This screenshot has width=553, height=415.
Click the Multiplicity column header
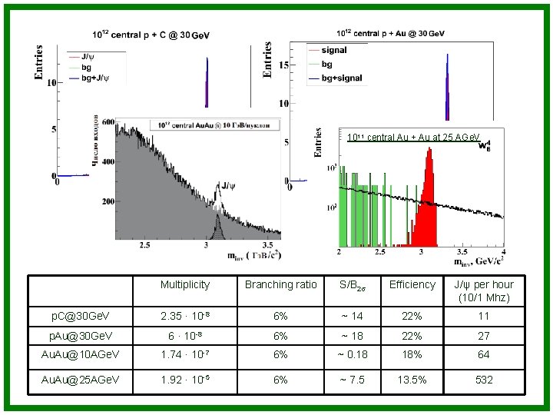coord(184,285)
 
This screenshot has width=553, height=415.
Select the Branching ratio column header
coord(280,285)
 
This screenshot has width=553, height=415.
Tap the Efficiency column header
coord(412,285)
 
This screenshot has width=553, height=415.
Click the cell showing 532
coord(484,379)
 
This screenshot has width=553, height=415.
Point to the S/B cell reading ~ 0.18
coord(352,354)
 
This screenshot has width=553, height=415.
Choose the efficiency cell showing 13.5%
coord(412,379)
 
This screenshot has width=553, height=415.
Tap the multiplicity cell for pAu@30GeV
coord(184,335)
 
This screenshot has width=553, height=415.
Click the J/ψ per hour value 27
coord(484,335)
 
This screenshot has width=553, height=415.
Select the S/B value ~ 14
coord(352,316)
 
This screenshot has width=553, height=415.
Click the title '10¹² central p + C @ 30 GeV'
coord(151,35)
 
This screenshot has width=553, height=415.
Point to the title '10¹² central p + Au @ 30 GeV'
coord(390,33)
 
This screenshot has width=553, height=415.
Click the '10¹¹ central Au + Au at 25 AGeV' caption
coord(412,138)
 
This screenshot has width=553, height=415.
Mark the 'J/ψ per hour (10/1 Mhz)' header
coord(484,290)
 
